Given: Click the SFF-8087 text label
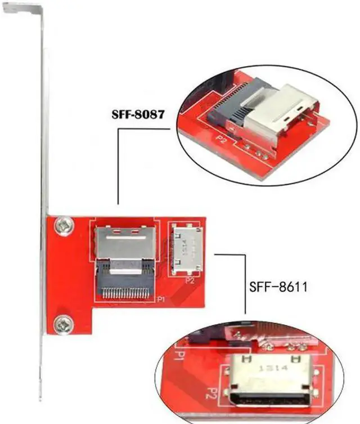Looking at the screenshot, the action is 137,115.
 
